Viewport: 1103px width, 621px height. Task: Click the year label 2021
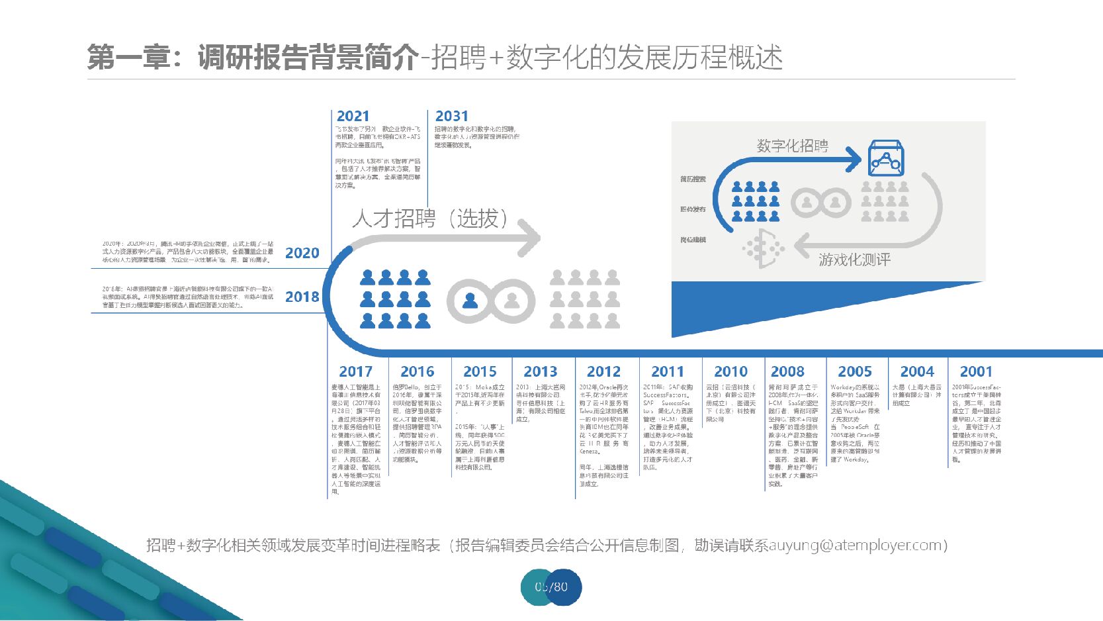coord(353,117)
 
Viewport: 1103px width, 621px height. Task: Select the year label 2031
coord(451,117)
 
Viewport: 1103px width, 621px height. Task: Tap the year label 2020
coord(302,253)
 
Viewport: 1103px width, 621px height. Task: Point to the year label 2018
coord(302,297)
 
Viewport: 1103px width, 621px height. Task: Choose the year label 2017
coord(355,372)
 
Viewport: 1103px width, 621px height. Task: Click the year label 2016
coord(417,372)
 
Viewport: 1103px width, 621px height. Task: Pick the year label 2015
coord(480,372)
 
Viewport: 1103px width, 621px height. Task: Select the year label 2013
coord(541,372)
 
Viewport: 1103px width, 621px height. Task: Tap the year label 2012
coord(603,372)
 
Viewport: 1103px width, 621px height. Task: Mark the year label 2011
coord(667,372)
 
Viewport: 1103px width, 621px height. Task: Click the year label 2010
coord(730,372)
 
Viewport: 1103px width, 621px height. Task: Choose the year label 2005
coord(855,372)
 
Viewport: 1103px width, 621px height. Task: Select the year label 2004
coord(917,372)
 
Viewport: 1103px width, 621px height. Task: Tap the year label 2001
coord(976,372)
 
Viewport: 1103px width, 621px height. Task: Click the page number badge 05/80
coord(551,587)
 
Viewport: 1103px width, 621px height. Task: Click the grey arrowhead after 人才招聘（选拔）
coord(529,238)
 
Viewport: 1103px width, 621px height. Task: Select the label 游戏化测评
coord(854,260)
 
